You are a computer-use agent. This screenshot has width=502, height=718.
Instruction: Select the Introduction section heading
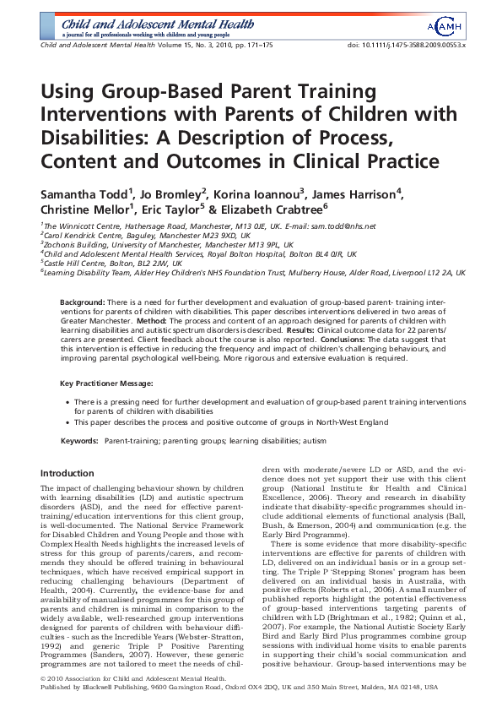(67, 474)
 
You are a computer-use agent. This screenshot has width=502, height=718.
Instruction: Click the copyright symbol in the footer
(44, 702)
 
